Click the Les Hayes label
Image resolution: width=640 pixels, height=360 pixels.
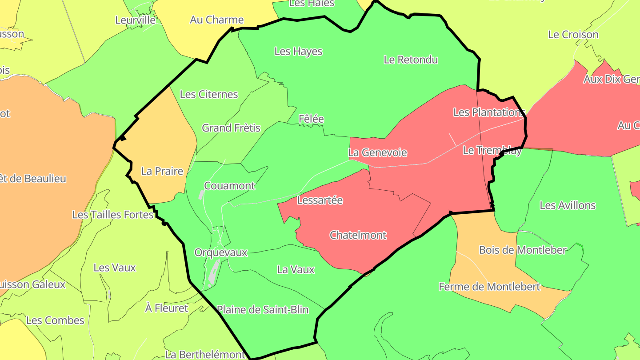coord(298,52)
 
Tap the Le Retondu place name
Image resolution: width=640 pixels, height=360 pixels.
coord(411,60)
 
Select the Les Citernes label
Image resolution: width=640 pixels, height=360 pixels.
coord(209,94)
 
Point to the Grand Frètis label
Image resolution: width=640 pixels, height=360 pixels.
coord(231,128)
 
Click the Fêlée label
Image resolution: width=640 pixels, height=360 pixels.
coord(311,119)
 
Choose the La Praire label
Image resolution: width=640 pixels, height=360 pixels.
coord(162,171)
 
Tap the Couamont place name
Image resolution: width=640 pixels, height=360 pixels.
coord(229,186)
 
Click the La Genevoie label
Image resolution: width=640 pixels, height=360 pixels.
coord(377,152)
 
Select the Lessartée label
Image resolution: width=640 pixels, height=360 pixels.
coord(320,200)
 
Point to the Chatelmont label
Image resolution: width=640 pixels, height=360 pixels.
coord(358,235)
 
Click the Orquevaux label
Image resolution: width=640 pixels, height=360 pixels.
coord(221,252)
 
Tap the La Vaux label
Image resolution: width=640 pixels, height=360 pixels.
coord(296,269)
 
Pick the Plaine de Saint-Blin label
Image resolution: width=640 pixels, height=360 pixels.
coord(263,310)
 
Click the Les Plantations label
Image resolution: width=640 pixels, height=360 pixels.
coord(489,112)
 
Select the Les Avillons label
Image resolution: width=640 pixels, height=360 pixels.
coord(568,205)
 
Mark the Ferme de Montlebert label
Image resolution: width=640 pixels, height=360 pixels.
coord(489,287)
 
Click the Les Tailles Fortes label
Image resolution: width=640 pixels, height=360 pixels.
coord(113,215)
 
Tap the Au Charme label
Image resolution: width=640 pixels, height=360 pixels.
coord(217,20)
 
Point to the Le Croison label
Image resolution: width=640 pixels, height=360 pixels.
coord(573,34)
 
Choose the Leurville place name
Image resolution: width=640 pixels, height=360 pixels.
coord(136,20)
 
